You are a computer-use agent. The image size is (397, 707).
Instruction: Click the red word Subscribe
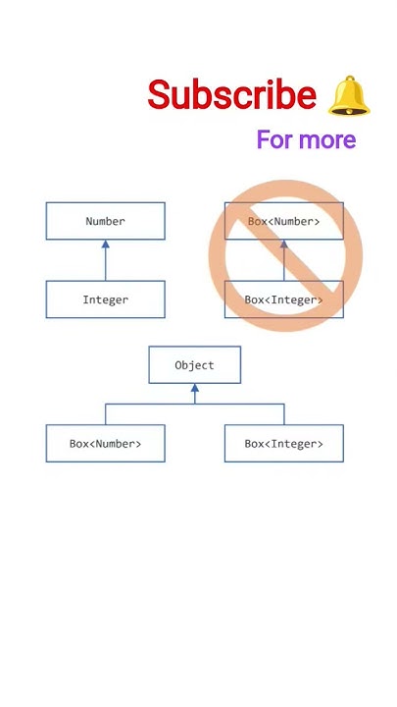(x=231, y=96)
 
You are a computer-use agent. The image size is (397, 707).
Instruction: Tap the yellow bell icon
(x=349, y=96)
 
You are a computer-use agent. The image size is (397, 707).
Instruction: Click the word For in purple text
(x=275, y=139)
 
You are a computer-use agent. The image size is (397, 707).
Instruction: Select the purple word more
(x=326, y=139)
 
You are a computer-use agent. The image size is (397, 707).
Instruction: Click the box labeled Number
(x=105, y=221)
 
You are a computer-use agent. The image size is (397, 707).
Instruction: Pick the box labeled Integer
(x=105, y=299)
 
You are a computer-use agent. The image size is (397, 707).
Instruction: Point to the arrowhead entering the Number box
(x=105, y=245)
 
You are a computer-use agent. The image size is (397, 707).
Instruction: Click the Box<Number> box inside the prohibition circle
(x=283, y=221)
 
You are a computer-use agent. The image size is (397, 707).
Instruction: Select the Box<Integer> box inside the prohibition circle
(x=283, y=299)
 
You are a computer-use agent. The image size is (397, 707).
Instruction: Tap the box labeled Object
(x=194, y=364)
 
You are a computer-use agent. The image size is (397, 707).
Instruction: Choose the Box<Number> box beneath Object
(x=105, y=443)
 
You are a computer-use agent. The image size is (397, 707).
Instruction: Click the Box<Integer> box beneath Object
(x=283, y=443)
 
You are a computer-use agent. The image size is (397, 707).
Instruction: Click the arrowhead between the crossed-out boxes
(x=284, y=245)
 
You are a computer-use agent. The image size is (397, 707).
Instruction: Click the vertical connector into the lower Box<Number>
(x=105, y=413)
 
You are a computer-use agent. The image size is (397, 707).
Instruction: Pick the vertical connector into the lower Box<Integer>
(x=283, y=413)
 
